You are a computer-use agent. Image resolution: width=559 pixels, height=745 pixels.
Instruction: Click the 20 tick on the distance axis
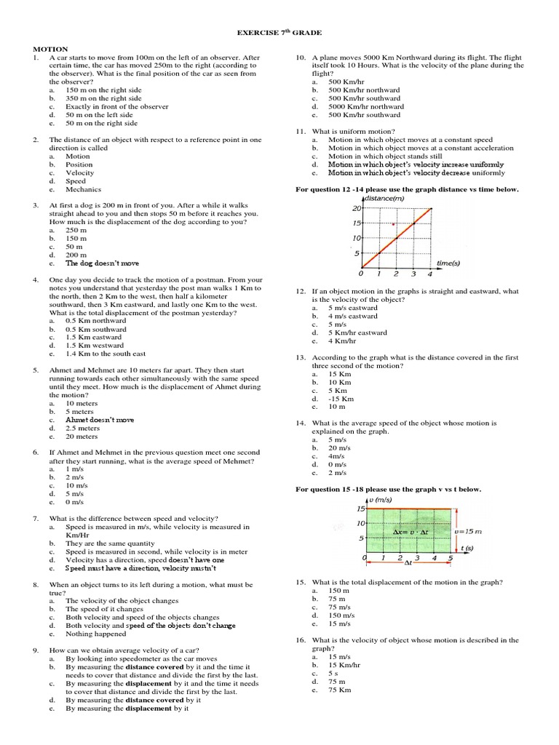356,208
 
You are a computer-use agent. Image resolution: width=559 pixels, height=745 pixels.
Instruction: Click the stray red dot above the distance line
394,225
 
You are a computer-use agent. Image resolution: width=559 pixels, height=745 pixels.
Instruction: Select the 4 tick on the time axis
430,274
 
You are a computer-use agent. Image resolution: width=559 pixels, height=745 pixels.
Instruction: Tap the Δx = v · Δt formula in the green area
408,532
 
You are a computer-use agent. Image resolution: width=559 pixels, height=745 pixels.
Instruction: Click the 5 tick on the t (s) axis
451,558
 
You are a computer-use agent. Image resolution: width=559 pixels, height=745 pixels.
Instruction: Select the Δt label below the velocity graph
408,562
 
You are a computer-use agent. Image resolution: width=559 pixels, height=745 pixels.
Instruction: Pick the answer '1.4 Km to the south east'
105,354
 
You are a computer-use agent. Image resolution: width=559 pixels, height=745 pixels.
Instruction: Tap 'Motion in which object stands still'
384,156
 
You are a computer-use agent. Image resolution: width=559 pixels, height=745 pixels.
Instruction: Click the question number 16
299,640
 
